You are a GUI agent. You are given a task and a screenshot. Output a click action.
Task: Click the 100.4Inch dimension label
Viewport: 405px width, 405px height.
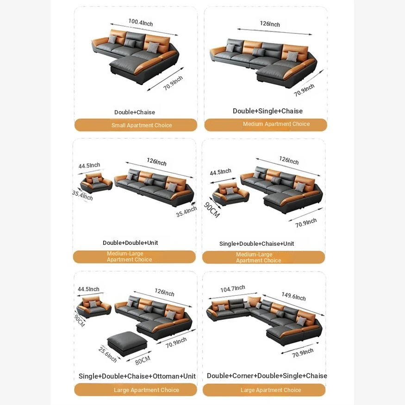click(x=141, y=23)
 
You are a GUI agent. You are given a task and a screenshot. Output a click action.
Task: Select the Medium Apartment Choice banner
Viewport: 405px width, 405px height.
click(x=266, y=125)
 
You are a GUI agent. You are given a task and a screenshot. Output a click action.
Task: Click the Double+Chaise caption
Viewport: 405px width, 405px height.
click(x=135, y=112)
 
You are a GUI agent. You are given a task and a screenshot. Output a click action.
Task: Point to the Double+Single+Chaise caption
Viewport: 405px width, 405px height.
click(x=268, y=111)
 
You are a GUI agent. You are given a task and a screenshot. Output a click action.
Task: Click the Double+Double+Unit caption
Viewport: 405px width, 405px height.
click(x=130, y=243)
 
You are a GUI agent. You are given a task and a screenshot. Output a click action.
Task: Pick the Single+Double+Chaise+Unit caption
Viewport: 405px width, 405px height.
click(x=256, y=243)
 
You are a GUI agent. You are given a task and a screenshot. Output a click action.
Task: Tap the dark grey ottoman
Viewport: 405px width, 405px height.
click(x=127, y=343)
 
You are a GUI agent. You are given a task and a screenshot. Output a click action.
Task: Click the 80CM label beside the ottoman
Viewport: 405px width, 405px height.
click(x=143, y=360)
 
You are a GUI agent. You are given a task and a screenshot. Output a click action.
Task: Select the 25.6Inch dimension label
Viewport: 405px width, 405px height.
click(x=107, y=355)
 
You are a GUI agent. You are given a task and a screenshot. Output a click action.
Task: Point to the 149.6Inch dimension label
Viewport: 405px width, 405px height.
click(x=293, y=296)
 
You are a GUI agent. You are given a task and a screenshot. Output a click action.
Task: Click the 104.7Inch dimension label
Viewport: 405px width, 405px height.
click(x=232, y=288)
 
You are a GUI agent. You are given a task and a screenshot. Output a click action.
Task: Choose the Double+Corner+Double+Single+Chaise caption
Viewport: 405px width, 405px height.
click(x=267, y=376)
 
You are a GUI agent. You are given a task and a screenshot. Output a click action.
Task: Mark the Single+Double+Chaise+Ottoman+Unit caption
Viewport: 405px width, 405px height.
click(x=137, y=376)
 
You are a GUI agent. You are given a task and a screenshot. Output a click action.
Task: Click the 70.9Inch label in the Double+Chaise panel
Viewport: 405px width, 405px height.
click(x=173, y=83)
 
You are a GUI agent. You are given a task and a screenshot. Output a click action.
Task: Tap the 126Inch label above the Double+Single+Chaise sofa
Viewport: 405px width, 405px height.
click(x=270, y=24)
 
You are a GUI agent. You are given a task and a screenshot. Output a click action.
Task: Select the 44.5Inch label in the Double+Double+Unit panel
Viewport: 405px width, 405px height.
click(x=89, y=165)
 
